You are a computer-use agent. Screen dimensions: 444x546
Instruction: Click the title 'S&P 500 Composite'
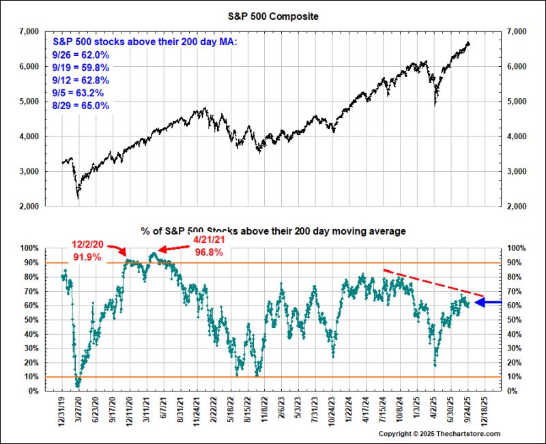pos(272,14)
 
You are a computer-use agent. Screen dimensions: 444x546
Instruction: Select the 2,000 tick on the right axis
pos(517,206)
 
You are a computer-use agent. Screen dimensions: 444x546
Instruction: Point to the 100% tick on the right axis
pos(515,248)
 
